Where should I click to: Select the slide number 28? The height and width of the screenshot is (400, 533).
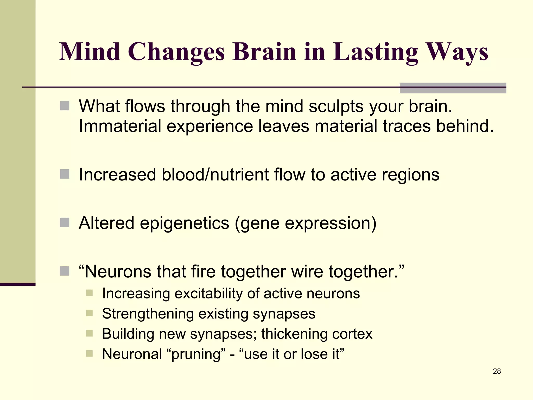coord(497,371)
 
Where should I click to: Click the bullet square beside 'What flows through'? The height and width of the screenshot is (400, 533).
coord(65,106)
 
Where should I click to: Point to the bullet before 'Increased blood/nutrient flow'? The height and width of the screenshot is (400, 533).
coord(65,174)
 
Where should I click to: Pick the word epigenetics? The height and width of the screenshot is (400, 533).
coord(185,223)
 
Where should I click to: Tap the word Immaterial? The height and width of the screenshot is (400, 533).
coord(120,126)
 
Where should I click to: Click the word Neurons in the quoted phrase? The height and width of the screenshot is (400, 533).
coord(118,272)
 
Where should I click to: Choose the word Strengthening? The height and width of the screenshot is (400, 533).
coord(148,314)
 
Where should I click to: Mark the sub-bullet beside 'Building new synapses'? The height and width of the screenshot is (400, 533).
coord(89,334)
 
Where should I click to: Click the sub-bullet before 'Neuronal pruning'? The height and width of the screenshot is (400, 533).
coord(89,354)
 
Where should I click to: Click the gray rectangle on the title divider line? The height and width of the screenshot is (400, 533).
coord(453,88)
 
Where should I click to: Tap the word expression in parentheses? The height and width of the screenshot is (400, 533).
coord(328,223)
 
